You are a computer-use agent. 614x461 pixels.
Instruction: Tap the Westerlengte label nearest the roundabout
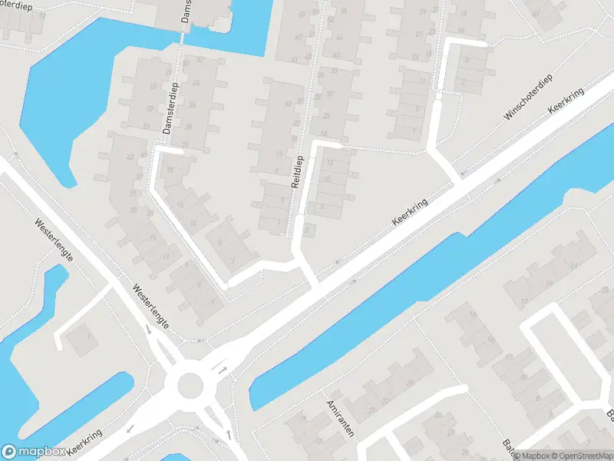point(150,306)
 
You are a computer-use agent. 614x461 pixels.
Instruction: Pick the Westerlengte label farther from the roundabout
point(53,240)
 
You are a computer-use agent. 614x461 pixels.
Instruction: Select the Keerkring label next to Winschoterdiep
point(566,101)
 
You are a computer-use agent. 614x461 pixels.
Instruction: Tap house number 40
point(336,55)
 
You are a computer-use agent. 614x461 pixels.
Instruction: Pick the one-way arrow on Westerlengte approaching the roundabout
point(147,330)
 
